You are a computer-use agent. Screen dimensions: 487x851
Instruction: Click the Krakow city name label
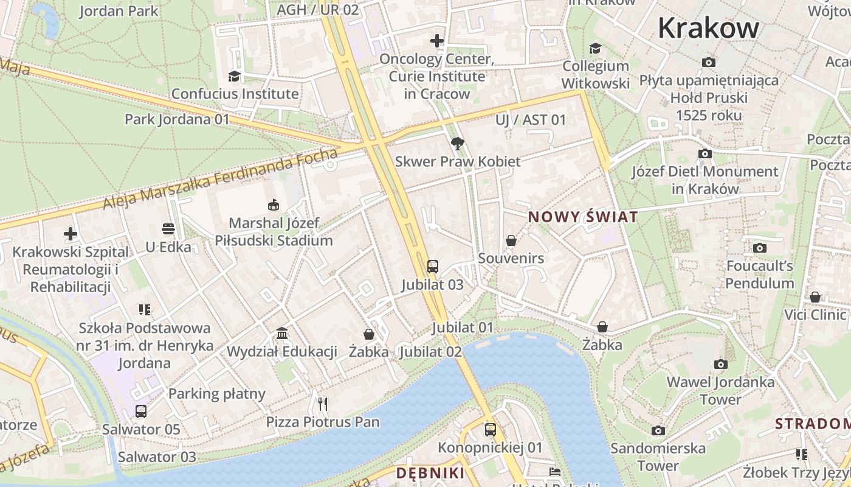(708, 28)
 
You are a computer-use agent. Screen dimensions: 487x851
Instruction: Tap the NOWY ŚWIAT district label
(583, 217)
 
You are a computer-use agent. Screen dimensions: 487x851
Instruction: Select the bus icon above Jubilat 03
(432, 266)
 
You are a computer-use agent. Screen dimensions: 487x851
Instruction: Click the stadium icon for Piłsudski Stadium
(274, 205)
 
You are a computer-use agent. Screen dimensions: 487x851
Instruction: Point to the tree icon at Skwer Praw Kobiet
(458, 144)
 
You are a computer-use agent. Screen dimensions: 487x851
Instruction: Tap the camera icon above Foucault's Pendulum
(759, 248)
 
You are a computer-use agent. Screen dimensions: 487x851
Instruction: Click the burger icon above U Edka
(168, 229)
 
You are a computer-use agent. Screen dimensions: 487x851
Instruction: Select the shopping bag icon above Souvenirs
(511, 240)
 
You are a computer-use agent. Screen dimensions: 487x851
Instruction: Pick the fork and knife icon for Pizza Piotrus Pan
(323, 404)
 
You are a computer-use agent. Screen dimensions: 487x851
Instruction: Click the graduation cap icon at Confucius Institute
(234, 76)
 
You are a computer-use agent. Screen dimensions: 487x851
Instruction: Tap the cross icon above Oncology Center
(436, 41)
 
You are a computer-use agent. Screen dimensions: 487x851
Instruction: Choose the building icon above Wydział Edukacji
(282, 333)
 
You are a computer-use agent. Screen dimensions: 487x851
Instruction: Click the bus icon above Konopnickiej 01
(490, 429)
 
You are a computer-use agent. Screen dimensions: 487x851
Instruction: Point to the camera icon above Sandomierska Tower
(658, 430)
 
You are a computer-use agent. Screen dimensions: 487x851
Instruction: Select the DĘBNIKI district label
(430, 473)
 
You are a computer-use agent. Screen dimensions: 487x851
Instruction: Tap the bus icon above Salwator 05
(141, 411)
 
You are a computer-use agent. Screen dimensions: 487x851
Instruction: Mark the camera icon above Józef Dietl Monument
(705, 153)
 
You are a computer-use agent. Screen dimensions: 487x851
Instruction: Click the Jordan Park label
(119, 11)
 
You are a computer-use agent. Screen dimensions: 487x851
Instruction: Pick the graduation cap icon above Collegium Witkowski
(594, 48)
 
